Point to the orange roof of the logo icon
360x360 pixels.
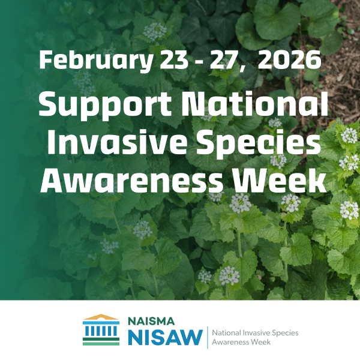click(101, 317)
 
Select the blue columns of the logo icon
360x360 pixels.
click(101, 331)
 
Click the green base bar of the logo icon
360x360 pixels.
click(101, 343)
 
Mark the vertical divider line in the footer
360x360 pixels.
click(208, 336)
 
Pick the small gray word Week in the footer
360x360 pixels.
click(260, 342)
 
